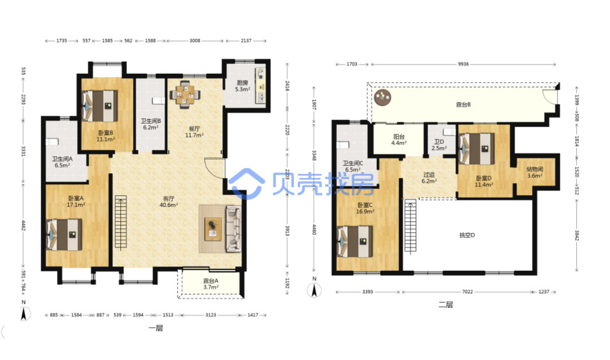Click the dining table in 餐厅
click(x=185, y=94)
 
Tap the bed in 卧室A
click(x=64, y=235)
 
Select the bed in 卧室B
click(x=99, y=106)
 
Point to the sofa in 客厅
click(x=234, y=229)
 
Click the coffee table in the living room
click(x=213, y=229)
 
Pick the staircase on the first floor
click(x=121, y=222)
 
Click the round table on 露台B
click(x=383, y=97)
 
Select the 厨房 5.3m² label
click(x=242, y=86)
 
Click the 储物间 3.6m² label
click(x=535, y=173)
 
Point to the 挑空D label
click(x=467, y=235)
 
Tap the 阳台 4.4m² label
click(x=399, y=140)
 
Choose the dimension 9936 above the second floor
click(x=463, y=64)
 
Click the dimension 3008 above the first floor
click(x=195, y=41)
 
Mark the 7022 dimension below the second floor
click(x=467, y=292)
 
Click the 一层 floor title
click(x=156, y=328)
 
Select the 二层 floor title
click(x=446, y=304)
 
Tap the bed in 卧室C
click(x=355, y=241)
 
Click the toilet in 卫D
click(x=449, y=132)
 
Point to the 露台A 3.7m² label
click(x=211, y=284)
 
